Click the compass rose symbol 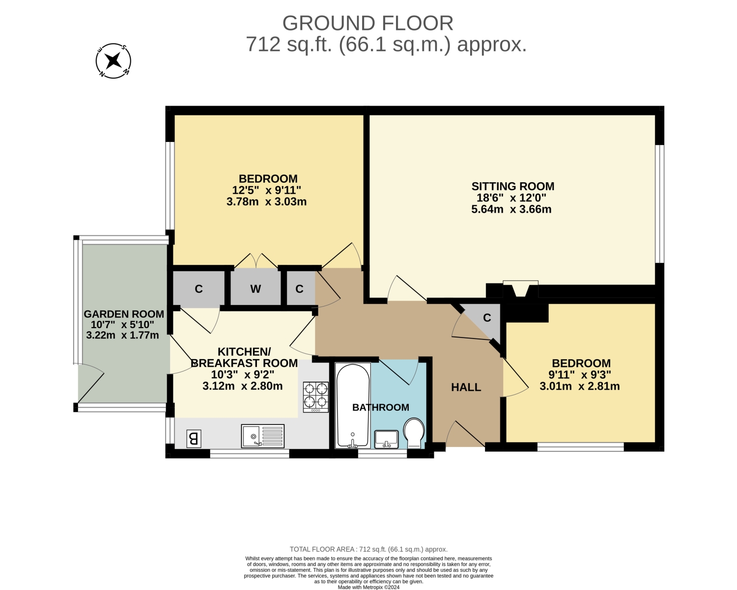(113, 61)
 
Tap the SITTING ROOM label (512, 186)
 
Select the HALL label (466, 387)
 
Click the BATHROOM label (380, 407)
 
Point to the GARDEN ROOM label (124, 314)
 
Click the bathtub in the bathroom (353, 405)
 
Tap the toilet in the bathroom (414, 433)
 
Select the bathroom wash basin (386, 439)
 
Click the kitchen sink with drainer (263, 436)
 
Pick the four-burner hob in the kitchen (316, 397)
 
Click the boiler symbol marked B (194, 439)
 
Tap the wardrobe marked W (255, 288)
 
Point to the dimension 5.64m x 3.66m (511, 209)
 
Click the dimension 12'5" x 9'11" (266, 190)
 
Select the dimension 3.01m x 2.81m (580, 386)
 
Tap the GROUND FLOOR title (368, 23)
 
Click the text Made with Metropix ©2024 (368, 587)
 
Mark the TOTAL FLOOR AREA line (368, 549)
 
